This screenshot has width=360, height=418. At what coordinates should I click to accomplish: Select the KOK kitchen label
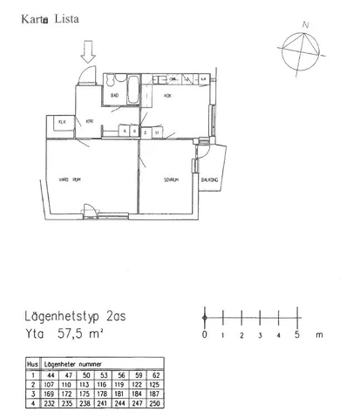coord(167,96)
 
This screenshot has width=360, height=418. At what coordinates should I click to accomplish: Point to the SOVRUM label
coord(171,180)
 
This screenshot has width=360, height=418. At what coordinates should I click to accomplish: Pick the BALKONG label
coord(209,180)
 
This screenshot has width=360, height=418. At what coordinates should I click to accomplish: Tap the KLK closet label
coord(61,122)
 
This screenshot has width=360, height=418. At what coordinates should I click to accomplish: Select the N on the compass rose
coord(305,26)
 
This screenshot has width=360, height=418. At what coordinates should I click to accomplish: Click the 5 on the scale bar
coord(296,334)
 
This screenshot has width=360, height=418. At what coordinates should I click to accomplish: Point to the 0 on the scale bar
coord(205,334)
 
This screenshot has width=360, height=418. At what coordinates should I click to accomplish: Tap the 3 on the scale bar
coord(260,334)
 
